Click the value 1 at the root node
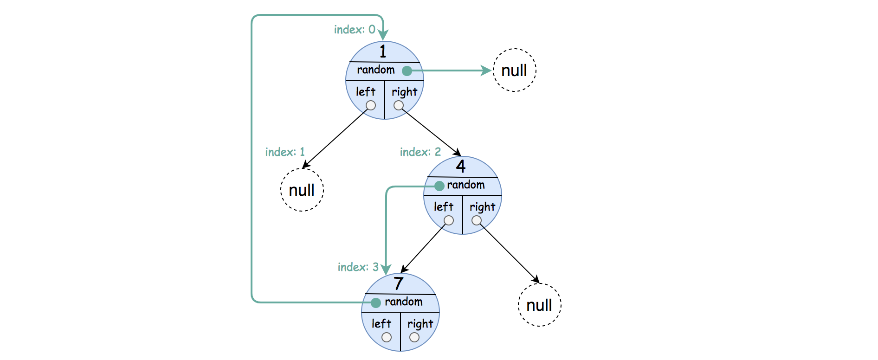click(383, 51)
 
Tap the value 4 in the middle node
click(460, 166)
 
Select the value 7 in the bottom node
click(398, 283)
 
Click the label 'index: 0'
click(355, 30)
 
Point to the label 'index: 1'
click(285, 152)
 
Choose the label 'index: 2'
click(420, 152)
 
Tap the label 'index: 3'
click(358, 267)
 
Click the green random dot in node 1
click(407, 71)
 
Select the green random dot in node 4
click(439, 186)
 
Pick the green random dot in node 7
click(376, 302)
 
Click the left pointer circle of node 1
click(371, 105)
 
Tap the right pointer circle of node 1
click(399, 105)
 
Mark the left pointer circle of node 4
click(449, 220)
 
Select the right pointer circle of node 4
click(477, 220)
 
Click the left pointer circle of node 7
click(387, 337)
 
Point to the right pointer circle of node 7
click(414, 337)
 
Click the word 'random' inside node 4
click(466, 185)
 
